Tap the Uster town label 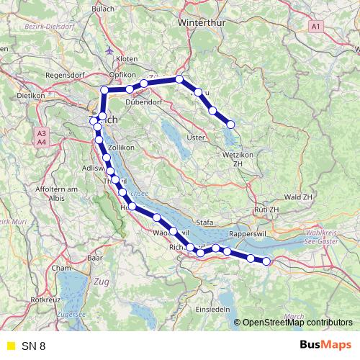[196, 138]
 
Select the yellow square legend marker [10, 346]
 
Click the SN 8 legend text [33, 346]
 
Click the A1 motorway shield [315, 27]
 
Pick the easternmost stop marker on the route [266, 261]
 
